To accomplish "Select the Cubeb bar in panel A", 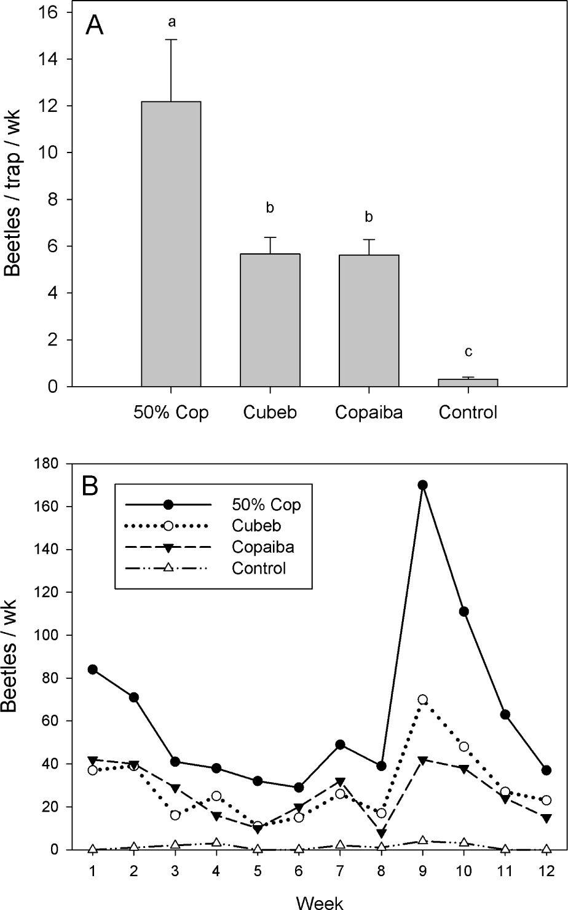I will point(270,320).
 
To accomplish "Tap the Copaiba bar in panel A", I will point(368,320).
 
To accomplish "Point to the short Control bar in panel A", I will point(467,382).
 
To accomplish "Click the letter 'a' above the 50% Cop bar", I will point(172,23).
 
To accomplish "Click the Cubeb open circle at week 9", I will point(422,700).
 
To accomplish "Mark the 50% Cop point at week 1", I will point(93,670).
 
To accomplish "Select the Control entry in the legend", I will point(259,568).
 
